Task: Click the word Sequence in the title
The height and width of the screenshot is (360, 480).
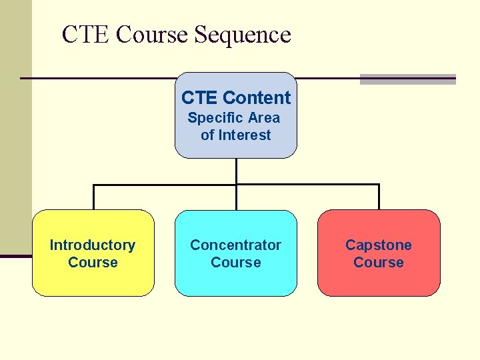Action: tap(243, 35)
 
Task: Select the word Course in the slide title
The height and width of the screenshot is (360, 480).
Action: tap(153, 35)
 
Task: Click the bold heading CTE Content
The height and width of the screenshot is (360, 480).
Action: tap(236, 98)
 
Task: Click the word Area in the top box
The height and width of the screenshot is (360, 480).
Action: tap(263, 118)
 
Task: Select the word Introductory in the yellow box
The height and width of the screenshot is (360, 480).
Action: tap(93, 245)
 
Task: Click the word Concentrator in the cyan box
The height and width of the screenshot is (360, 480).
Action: tap(235, 245)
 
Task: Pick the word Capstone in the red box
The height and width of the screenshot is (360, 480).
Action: tap(379, 245)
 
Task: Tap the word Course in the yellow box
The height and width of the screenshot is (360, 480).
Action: tap(93, 262)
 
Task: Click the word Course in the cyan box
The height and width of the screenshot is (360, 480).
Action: tap(235, 262)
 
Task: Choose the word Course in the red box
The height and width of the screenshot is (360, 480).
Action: tap(379, 262)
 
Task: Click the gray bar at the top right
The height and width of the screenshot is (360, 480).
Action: tap(407, 79)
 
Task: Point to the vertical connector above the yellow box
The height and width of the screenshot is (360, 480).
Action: tap(93, 197)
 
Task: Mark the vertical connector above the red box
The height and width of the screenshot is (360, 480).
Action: tap(379, 197)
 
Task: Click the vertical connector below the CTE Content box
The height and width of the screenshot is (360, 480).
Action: tap(236, 171)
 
